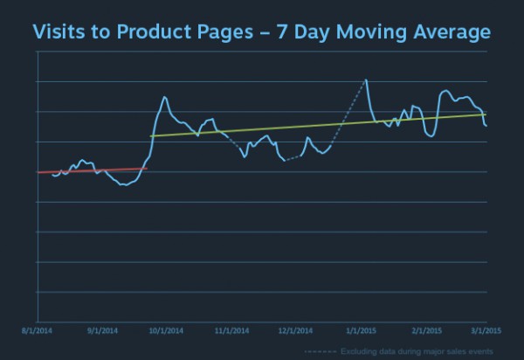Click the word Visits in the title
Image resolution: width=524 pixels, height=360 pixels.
click(59, 33)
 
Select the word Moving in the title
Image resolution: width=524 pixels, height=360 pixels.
click(366, 33)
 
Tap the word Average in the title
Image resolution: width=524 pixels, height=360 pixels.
click(448, 33)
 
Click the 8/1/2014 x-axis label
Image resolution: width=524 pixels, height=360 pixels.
click(38, 331)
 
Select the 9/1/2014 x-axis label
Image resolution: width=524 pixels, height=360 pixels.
click(101, 331)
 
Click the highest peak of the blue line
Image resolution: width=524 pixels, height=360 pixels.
click(365, 80)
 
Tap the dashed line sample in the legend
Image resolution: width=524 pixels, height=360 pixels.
click(319, 350)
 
